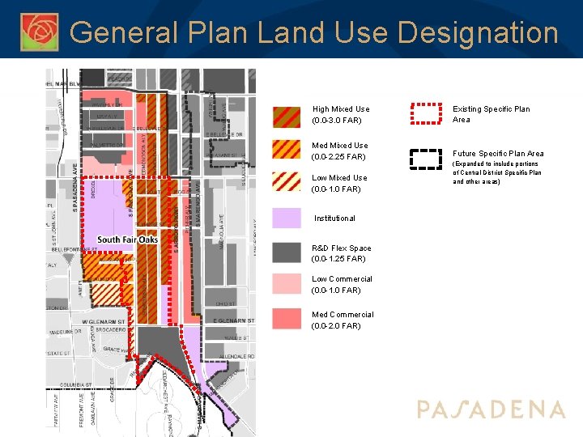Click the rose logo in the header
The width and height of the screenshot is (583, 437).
click(40, 32)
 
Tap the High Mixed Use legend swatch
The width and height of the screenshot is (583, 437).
click(286, 115)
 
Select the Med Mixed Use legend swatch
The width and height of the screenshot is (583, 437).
click(286, 151)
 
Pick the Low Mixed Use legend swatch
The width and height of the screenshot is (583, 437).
click(286, 184)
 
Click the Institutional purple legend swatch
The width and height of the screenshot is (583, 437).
click(286, 218)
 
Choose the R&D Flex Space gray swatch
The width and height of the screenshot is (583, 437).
click(286, 253)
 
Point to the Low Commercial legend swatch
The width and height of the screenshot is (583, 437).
click(286, 284)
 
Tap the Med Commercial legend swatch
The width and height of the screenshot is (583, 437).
click(286, 319)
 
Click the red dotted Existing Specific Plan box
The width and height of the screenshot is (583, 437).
click(426, 114)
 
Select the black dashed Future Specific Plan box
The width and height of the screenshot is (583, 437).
click(426, 158)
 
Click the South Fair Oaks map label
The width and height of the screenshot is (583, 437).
click(127, 240)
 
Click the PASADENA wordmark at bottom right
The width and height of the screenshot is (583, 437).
click(491, 409)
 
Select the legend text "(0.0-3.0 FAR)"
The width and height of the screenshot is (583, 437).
click(336, 121)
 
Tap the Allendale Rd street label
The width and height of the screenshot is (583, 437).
click(237, 356)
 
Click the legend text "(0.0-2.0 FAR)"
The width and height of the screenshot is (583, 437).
click(336, 326)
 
